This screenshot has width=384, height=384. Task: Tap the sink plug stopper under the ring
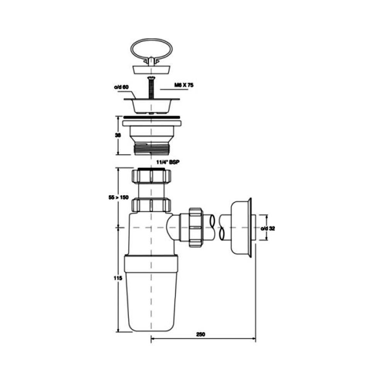point(151,70)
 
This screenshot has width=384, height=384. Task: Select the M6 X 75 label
point(184,85)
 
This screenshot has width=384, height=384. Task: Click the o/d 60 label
point(121,87)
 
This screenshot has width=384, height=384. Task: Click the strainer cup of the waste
point(151,106)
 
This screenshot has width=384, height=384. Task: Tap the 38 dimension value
point(118,135)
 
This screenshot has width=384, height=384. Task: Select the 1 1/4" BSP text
point(168,162)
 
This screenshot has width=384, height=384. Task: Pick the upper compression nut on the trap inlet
point(151,176)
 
